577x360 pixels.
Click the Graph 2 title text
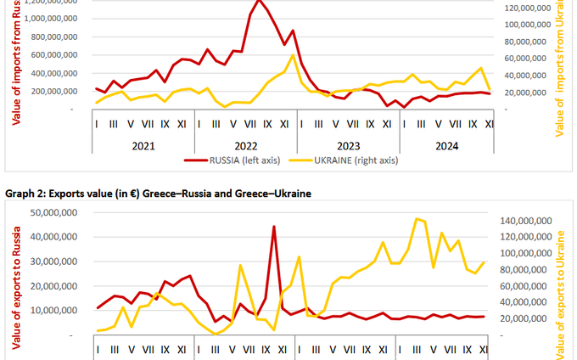point(158,194)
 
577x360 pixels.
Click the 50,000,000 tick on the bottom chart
point(56,211)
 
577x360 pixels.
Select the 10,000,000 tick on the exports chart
point(56,311)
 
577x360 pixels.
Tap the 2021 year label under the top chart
point(143,145)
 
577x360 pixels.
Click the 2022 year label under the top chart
point(245,145)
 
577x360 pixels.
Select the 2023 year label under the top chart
point(348,145)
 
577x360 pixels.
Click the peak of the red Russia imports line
point(259,2)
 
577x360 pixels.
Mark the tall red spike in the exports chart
point(273,227)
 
